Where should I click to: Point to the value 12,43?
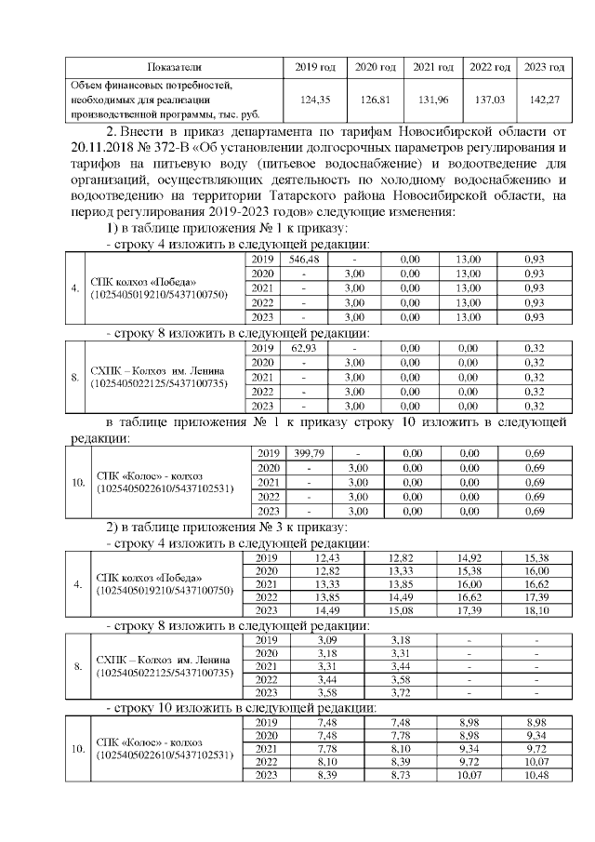(x=327, y=557)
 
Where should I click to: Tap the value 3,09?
(x=327, y=640)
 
